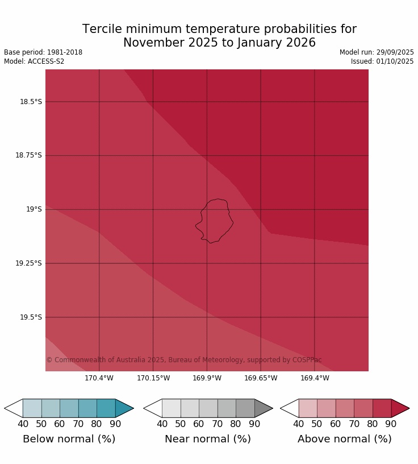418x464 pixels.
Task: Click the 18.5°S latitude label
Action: tap(31, 102)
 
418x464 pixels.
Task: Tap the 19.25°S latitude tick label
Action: tap(28, 263)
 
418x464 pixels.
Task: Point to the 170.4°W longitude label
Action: tap(99, 378)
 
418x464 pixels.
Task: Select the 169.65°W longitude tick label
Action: tap(261, 378)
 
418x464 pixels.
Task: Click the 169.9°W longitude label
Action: tap(207, 378)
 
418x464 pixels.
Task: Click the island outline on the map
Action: tap(215, 221)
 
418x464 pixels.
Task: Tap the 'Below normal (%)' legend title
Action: tap(69, 439)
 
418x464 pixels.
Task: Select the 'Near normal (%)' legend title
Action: tap(208, 439)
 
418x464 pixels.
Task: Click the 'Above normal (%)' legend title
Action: tap(345, 439)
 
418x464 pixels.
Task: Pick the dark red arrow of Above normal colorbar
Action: tap(399, 408)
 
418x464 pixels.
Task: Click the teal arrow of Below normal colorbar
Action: tap(123, 408)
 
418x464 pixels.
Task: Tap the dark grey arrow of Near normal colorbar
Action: tap(262, 408)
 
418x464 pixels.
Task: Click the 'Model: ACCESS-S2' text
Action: tap(34, 61)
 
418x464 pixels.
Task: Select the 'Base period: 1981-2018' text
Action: tap(43, 52)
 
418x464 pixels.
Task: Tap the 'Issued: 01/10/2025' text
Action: tap(382, 61)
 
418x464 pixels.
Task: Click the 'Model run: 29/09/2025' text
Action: tap(377, 52)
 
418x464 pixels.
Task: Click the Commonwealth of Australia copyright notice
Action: tap(184, 360)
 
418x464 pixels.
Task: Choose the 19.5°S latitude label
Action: tap(31, 317)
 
